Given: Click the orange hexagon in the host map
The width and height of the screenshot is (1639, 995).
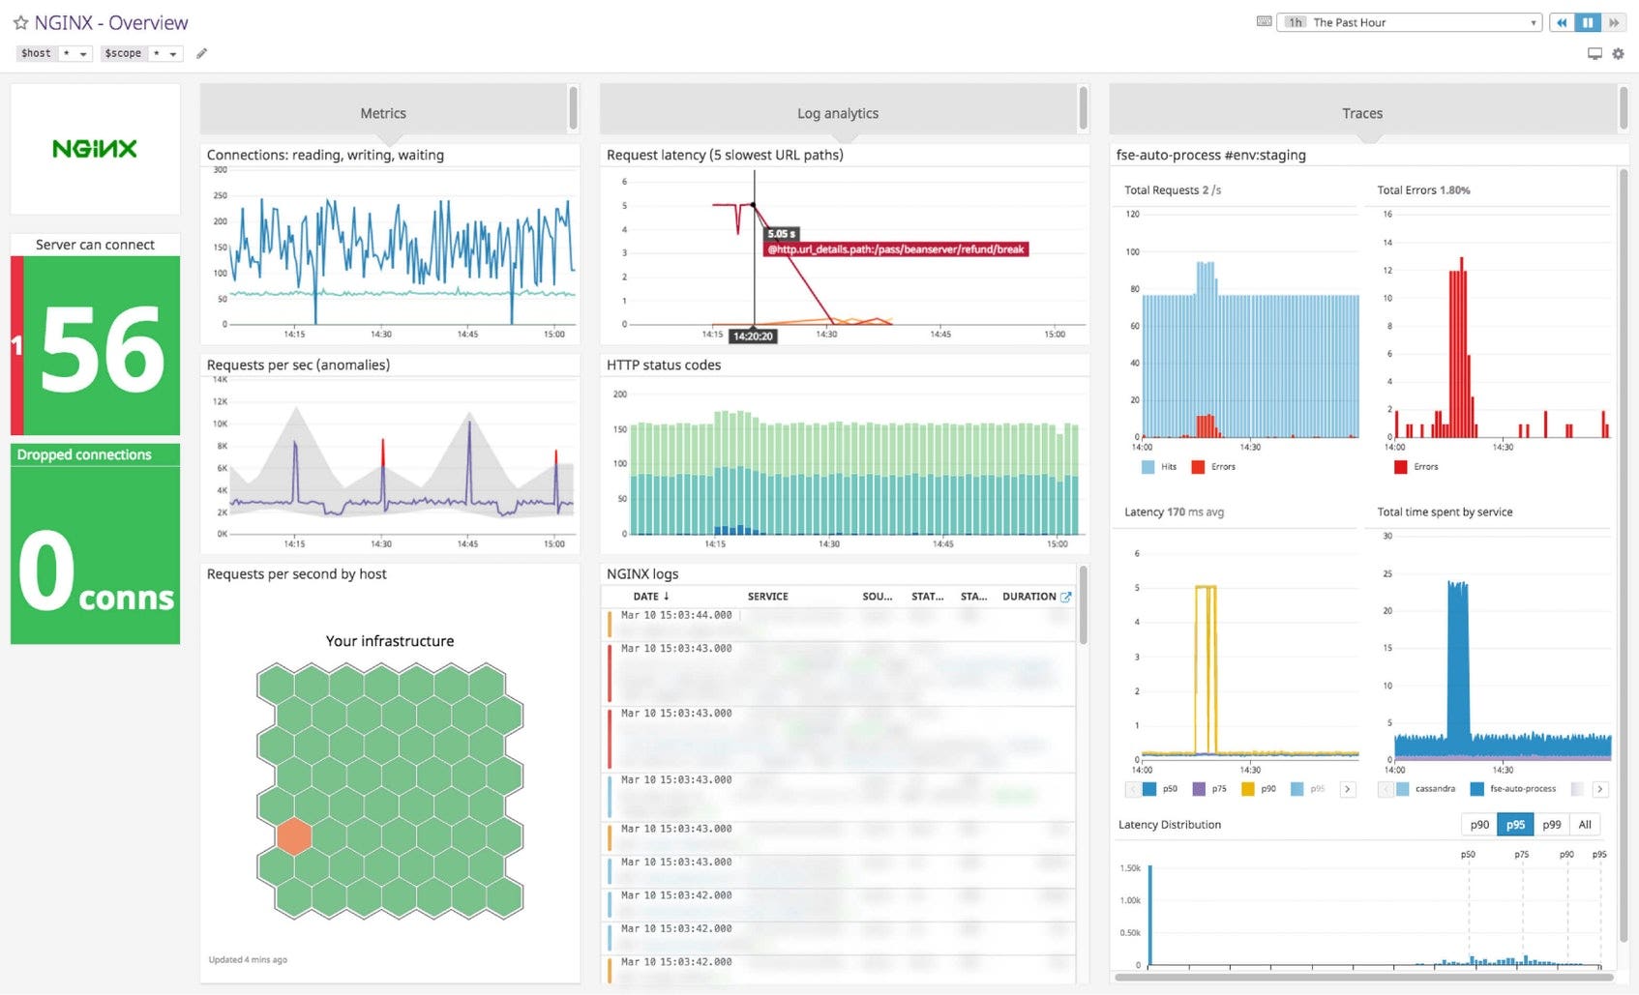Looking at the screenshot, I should coord(293,836).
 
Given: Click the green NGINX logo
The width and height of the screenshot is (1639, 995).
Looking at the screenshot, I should coord(95,149).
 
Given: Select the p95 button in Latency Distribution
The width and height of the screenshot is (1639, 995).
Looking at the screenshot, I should coord(1515,825).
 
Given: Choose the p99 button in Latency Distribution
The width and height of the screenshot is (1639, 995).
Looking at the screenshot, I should coord(1551,825).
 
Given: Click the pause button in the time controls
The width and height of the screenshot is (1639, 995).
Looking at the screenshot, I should coord(1588,22).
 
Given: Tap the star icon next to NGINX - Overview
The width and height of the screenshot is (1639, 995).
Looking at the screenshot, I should coord(20,22).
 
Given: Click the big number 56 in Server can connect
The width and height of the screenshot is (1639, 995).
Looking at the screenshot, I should coord(103,350).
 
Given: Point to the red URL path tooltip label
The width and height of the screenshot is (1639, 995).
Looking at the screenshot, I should coord(896,249).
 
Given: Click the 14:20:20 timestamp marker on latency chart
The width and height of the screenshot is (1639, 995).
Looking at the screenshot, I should coord(753,336).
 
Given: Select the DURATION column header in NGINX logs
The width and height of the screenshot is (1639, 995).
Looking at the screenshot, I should coord(1028,597).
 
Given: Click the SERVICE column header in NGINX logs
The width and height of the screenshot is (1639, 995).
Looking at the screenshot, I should coord(767,597).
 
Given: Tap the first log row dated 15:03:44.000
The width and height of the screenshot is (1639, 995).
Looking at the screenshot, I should coord(676,615).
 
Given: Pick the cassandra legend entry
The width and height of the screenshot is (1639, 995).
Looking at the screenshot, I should coord(1434,789).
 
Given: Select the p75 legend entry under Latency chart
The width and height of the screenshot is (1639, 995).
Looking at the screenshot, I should coord(1218,789).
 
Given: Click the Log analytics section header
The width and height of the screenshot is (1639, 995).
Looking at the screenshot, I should coord(838,113).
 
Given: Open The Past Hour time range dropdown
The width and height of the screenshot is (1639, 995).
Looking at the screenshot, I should coord(1413,22).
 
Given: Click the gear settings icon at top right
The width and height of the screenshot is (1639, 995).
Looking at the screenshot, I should coord(1618,54).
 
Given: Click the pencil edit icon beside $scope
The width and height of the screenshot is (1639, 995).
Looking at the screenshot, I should coord(201,53).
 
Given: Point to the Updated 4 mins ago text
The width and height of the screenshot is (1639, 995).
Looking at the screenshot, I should coord(248,959).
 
